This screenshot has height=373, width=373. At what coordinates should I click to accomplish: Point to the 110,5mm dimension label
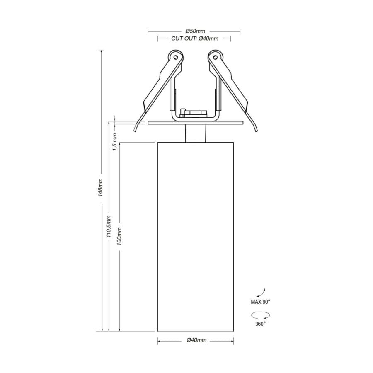pyautogui.click(x=109, y=226)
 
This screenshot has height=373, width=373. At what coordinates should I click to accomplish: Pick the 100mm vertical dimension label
pyautogui.click(x=119, y=235)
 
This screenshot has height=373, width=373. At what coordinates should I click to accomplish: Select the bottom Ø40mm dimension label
pyautogui.click(x=196, y=340)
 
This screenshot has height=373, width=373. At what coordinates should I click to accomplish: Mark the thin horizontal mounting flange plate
pyautogui.click(x=195, y=123)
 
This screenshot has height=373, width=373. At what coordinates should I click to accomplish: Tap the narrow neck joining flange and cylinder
pyautogui.click(x=195, y=133)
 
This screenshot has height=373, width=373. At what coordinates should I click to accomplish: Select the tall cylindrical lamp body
pyautogui.click(x=195, y=236)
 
